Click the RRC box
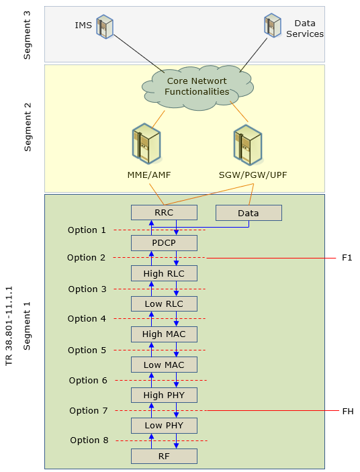(x=164, y=213)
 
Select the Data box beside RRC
(x=249, y=213)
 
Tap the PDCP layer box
(x=164, y=243)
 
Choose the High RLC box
(x=164, y=273)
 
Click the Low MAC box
(x=164, y=365)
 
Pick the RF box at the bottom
(x=164, y=456)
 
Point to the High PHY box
(x=164, y=395)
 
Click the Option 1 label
(x=87, y=230)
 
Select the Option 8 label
(x=89, y=440)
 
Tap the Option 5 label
(x=87, y=350)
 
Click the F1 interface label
(x=347, y=258)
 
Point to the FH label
(x=348, y=411)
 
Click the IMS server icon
(x=105, y=26)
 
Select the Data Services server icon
(x=273, y=26)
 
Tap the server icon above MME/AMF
(x=146, y=143)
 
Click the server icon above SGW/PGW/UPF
(x=249, y=145)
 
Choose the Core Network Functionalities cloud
(x=197, y=87)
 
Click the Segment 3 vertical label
(x=27, y=35)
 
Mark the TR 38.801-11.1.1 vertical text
(x=9, y=326)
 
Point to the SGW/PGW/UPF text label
(x=253, y=175)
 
